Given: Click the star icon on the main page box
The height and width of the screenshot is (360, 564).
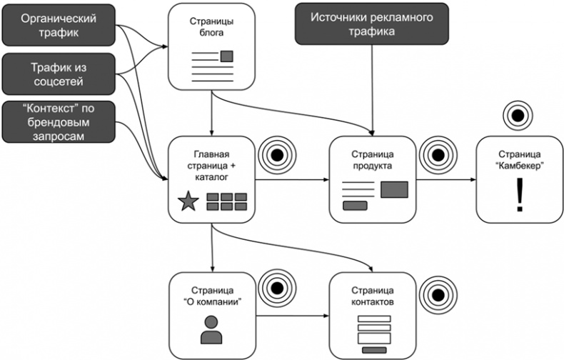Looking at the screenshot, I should [x=188, y=202].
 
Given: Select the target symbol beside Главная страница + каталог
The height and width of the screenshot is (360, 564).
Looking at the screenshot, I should [x=273, y=154].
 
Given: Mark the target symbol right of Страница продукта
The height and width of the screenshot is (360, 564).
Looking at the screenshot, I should [x=435, y=154].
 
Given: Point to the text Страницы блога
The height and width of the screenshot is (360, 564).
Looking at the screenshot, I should [x=211, y=27].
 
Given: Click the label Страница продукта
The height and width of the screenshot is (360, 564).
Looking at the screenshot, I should [x=373, y=159].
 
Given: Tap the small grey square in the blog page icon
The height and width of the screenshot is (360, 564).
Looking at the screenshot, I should [x=227, y=56].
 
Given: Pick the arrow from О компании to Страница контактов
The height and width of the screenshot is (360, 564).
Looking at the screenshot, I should [x=291, y=315].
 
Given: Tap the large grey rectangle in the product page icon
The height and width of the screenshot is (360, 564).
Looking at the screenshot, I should [x=394, y=189].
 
